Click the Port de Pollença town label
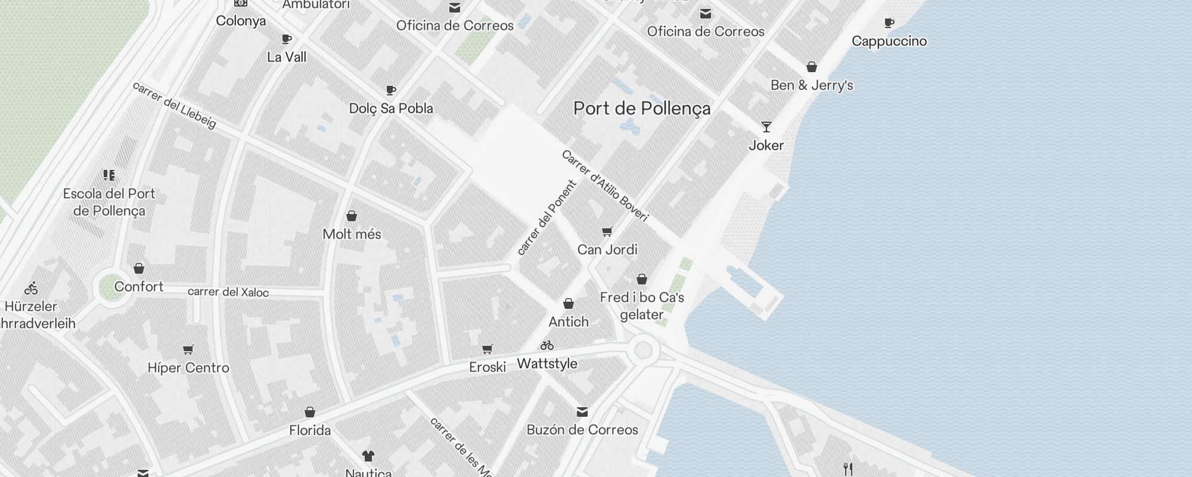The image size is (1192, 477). (x=642, y=109)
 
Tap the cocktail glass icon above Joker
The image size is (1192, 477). (x=766, y=127)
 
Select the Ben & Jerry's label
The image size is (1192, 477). (x=812, y=85)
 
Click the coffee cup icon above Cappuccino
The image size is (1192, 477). (x=889, y=23)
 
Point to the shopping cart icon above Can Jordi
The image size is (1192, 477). (x=607, y=231)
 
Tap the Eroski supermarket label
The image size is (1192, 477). (x=488, y=367)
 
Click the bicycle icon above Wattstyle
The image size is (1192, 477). (x=547, y=345)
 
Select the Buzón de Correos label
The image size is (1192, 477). (x=582, y=430)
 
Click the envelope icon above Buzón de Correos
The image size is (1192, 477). (x=582, y=412)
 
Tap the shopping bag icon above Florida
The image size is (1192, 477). (x=310, y=412)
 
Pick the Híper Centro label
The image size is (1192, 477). (x=188, y=368)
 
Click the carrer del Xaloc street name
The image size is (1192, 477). (x=228, y=292)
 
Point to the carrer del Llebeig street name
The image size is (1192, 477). (x=174, y=105)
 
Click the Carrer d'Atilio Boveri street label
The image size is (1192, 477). (x=604, y=185)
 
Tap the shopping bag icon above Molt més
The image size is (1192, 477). (x=352, y=216)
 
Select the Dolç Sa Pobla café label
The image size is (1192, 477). (x=391, y=109)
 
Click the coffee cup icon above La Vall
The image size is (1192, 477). (x=287, y=39)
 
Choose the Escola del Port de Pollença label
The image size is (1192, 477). (x=109, y=202)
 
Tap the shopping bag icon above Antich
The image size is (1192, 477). (x=569, y=304)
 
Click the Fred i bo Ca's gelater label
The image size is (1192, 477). (x=642, y=306)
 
